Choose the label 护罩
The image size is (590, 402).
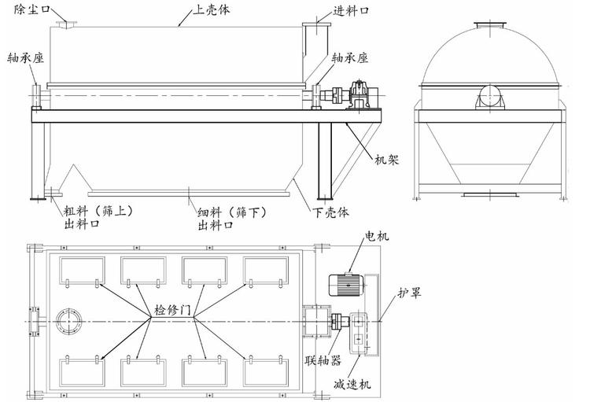(410, 292)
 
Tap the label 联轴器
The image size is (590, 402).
(325, 363)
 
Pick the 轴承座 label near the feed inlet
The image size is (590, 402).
(352, 57)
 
